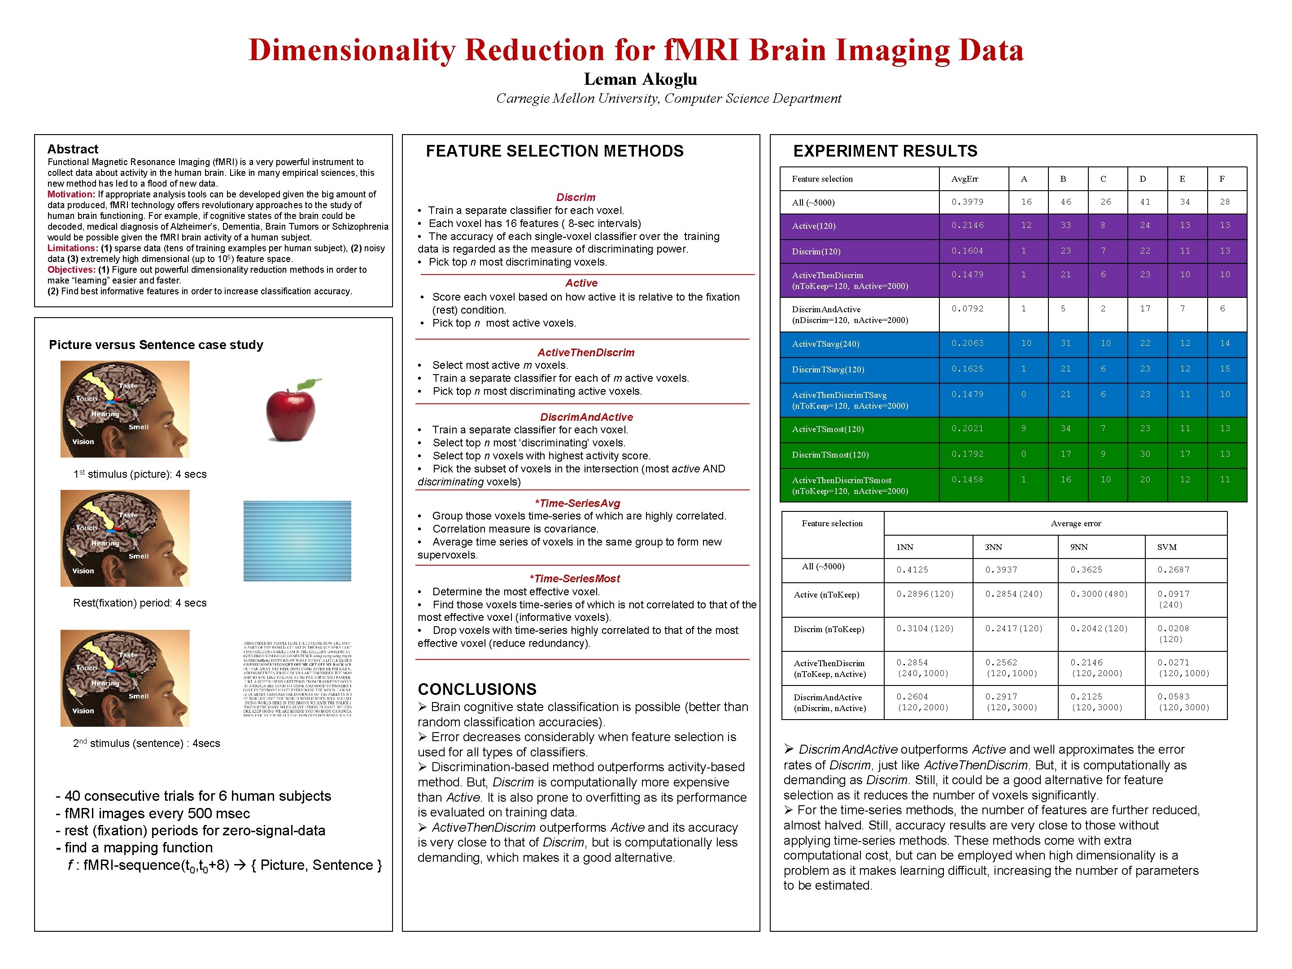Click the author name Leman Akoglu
pos(640,79)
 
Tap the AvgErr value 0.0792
pos(967,308)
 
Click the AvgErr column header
pos(965,179)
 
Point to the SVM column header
pos(1166,547)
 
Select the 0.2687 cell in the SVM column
pos(1174,569)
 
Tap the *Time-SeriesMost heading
pos(574,578)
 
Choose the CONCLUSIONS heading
pos(476,689)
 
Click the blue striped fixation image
pos(297,541)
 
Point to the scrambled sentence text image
pos(297,679)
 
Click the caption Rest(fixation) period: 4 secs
pos(140,603)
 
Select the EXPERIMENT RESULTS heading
pos(885,151)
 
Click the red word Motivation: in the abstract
pos(71,195)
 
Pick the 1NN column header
pos(905,547)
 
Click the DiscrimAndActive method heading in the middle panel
pos(586,417)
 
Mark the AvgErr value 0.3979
pos(967,202)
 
